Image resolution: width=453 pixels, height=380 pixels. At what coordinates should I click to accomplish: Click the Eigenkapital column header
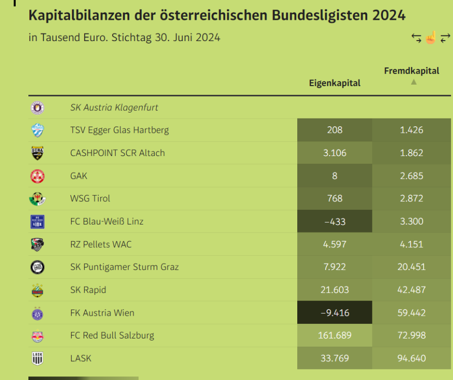[335, 83]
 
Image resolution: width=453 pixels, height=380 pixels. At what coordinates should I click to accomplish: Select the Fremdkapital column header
[411, 71]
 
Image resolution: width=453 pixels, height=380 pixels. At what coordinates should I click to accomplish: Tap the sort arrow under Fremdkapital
[413, 82]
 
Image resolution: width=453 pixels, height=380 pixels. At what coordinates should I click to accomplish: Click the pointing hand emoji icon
[431, 38]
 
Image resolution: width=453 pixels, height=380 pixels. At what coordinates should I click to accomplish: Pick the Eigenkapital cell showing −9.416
[335, 313]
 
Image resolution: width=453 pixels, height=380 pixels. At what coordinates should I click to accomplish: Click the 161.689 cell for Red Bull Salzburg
[335, 335]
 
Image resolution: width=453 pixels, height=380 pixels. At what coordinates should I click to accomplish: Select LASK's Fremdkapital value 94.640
[411, 358]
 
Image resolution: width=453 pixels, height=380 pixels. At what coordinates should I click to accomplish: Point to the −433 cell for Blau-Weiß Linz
[335, 221]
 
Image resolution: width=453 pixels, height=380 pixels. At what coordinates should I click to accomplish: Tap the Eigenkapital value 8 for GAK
[335, 176]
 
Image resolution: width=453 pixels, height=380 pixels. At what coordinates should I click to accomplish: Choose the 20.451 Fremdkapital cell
[411, 267]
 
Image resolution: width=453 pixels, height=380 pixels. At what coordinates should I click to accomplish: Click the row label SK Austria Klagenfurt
[114, 107]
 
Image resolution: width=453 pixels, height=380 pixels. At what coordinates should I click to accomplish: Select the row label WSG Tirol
[90, 199]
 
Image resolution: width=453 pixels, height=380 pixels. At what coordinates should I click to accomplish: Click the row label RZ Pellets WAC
[101, 244]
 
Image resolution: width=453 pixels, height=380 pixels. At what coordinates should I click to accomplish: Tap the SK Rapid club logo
[38, 290]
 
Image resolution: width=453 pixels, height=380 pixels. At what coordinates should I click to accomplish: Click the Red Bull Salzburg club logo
[38, 336]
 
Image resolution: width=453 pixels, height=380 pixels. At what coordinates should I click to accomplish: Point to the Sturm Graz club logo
[38, 267]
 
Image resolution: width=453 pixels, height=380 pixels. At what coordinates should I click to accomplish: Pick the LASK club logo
[38, 359]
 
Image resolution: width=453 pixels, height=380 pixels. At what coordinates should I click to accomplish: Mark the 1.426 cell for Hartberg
[411, 130]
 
